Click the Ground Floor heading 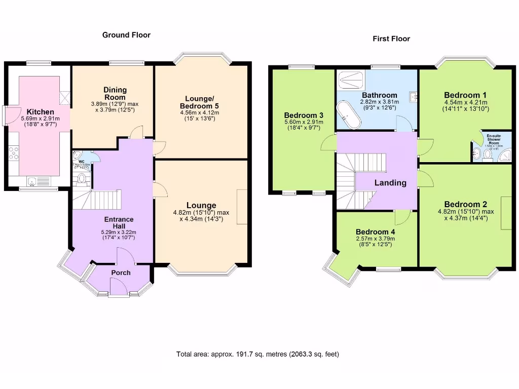pos(126,35)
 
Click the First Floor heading pos(391,38)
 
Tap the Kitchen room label pos(41,111)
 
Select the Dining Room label pos(115,93)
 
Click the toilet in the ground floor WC pos(82,179)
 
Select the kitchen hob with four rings pos(14,152)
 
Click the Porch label pos(121,273)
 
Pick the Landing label pos(390,183)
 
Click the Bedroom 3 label pos(303,115)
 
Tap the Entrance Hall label pos(119,223)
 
